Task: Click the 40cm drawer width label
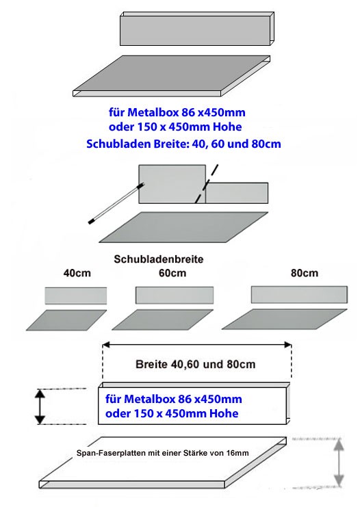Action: (x=77, y=273)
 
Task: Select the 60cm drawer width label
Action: (x=172, y=273)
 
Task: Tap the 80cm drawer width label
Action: (x=305, y=273)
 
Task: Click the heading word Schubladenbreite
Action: (x=159, y=259)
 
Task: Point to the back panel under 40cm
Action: (x=76, y=296)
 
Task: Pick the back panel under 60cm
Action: (x=175, y=295)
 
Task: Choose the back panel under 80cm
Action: (x=299, y=295)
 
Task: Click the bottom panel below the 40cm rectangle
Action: (x=66, y=320)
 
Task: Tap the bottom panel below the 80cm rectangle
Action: (x=285, y=319)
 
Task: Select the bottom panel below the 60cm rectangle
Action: (x=163, y=320)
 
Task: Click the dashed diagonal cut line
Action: (x=207, y=183)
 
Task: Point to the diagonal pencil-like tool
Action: (x=116, y=203)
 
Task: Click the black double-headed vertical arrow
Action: (x=40, y=406)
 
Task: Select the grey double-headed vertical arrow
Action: (x=339, y=463)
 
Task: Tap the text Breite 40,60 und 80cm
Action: (x=195, y=365)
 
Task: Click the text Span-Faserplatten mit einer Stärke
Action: (x=142, y=453)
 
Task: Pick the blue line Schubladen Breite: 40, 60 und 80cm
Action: (x=183, y=144)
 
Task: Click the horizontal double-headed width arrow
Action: (x=197, y=345)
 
